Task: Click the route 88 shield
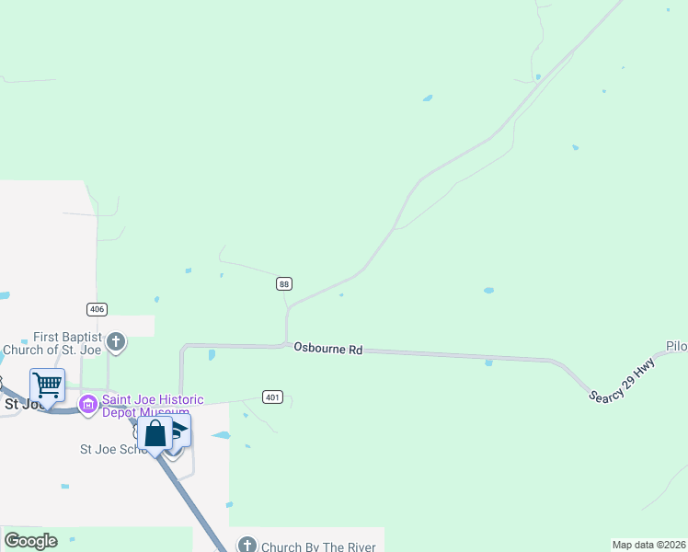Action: tap(284, 284)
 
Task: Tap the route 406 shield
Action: tap(96, 308)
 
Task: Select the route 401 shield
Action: tap(271, 397)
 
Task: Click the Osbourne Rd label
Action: tap(328, 350)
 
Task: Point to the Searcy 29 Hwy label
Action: tap(622, 380)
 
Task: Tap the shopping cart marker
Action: tap(47, 385)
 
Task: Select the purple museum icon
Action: tap(88, 404)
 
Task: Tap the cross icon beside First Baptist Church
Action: tap(116, 343)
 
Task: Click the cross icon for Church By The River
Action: tap(247, 546)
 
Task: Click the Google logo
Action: tap(30, 541)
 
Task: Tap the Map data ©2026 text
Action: tap(648, 545)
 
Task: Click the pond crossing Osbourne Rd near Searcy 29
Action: tap(488, 362)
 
